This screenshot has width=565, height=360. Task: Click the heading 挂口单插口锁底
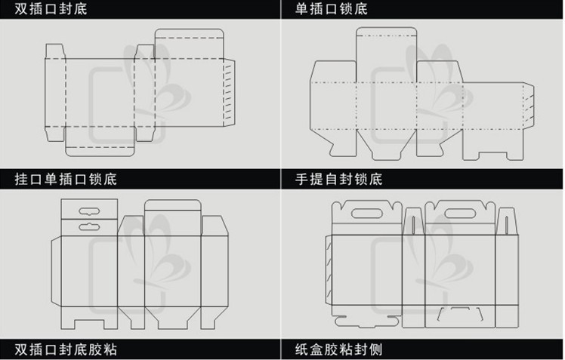[66, 179]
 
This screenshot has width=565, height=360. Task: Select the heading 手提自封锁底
[338, 179]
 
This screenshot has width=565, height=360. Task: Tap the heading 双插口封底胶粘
[66, 349]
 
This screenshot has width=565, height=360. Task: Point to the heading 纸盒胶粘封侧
[338, 349]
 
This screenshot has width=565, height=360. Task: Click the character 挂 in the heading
[22, 179]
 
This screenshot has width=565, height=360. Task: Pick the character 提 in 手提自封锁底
[316, 179]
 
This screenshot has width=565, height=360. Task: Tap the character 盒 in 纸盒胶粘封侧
[316, 349]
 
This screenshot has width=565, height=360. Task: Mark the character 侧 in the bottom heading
[375, 349]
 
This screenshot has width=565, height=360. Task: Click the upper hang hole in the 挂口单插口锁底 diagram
[89, 211]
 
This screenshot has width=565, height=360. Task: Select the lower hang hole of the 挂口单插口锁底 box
[89, 226]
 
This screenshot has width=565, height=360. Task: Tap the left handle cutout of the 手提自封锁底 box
[366, 214]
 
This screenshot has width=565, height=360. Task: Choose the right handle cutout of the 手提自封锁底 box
[460, 214]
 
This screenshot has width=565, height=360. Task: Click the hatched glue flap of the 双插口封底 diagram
[229, 93]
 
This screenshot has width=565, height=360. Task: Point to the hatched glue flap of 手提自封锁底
[329, 270]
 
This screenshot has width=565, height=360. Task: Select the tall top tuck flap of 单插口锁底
[386, 54]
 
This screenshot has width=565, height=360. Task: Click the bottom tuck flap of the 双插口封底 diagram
[100, 141]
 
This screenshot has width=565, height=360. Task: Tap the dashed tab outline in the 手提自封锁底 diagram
[460, 313]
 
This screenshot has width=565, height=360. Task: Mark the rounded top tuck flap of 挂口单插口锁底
[173, 217]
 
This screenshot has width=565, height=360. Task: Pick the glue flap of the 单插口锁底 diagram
[529, 106]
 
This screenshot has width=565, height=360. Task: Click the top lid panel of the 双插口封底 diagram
[190, 44]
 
